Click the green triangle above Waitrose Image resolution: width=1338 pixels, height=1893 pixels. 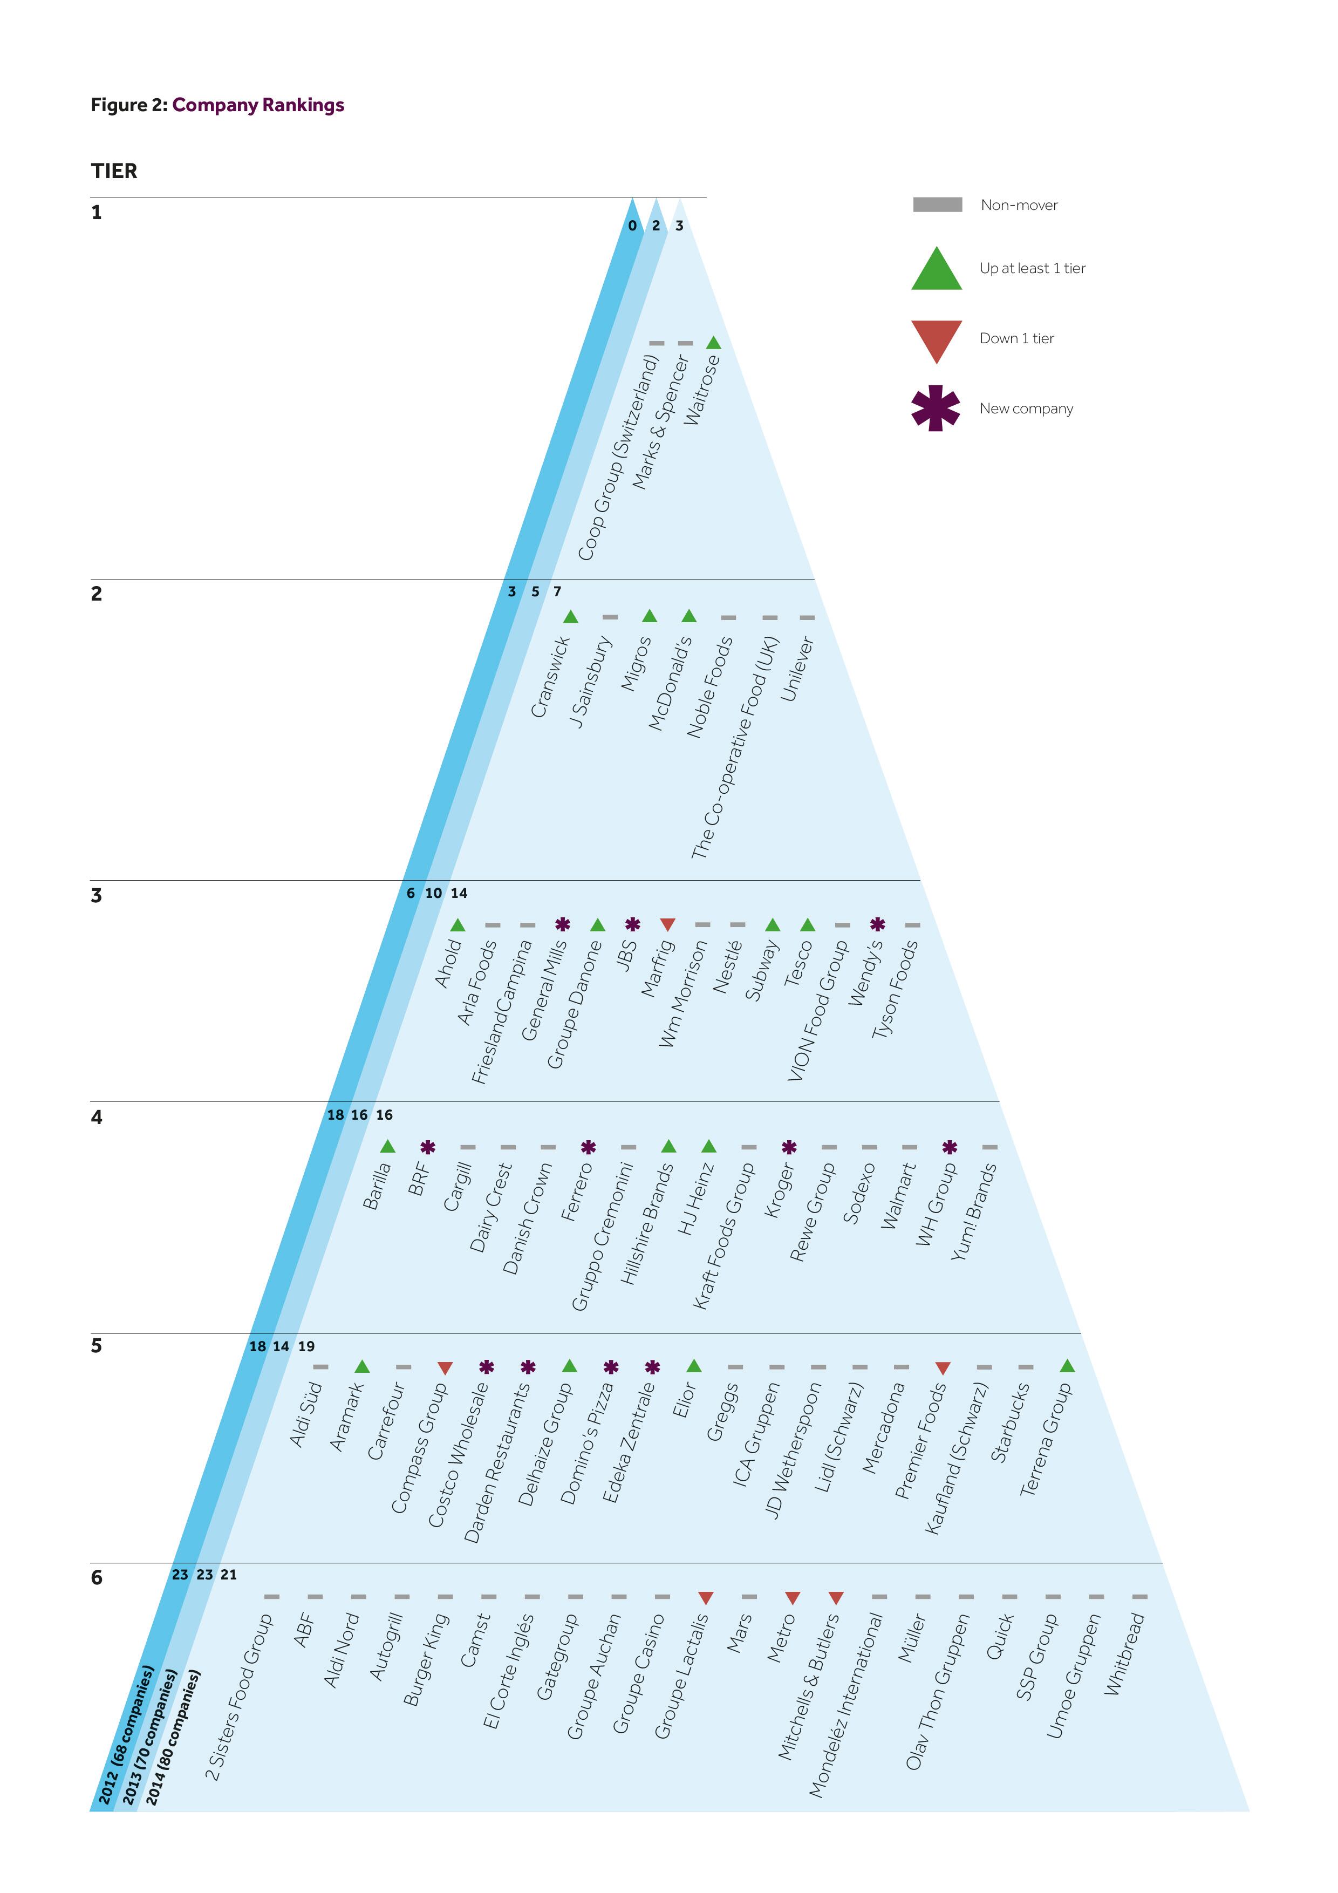coord(714,342)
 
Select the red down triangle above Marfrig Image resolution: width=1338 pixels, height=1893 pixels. coord(668,925)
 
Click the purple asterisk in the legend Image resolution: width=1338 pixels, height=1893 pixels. coord(936,408)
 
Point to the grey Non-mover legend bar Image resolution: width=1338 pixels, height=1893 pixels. coord(937,205)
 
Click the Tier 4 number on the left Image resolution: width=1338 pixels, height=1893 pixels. coord(97,1117)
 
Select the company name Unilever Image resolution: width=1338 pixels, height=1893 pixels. coord(797,669)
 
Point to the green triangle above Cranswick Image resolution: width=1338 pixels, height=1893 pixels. coord(570,617)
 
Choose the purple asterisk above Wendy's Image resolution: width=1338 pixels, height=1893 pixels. coord(878,924)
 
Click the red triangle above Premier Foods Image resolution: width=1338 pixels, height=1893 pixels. coord(943,1368)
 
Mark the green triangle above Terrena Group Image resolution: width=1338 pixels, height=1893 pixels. coord(1067,1366)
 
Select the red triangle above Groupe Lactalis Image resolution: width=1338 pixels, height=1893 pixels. coord(705,1598)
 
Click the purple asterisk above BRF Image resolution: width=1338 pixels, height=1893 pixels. coord(428,1147)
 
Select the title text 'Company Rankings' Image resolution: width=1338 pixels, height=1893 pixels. coord(258,105)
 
